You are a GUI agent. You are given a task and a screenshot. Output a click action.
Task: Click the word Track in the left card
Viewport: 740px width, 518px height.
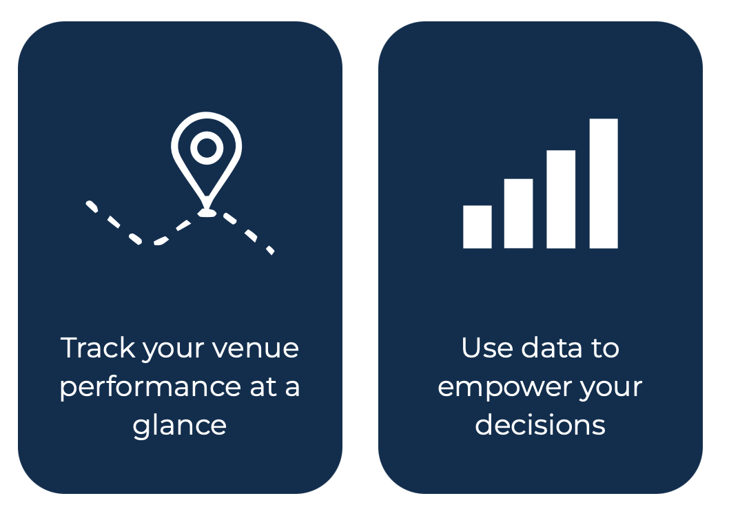pos(98,348)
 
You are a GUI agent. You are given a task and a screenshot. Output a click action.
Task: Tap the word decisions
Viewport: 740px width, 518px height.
pos(540,424)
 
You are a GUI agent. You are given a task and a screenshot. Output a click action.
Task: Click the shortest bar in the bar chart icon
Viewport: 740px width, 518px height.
pos(477,227)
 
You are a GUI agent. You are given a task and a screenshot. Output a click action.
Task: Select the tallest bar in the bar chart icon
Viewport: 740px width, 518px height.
pos(604,183)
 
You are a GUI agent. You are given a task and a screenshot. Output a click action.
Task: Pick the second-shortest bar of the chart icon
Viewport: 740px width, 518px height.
pos(518,214)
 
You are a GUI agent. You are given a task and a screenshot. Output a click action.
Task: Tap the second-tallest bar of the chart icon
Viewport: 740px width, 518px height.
pos(561,199)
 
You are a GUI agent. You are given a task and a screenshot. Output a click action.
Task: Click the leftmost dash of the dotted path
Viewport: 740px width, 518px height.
pos(92,207)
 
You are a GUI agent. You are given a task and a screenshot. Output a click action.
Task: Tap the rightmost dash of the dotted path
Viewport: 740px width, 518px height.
pos(270,250)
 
